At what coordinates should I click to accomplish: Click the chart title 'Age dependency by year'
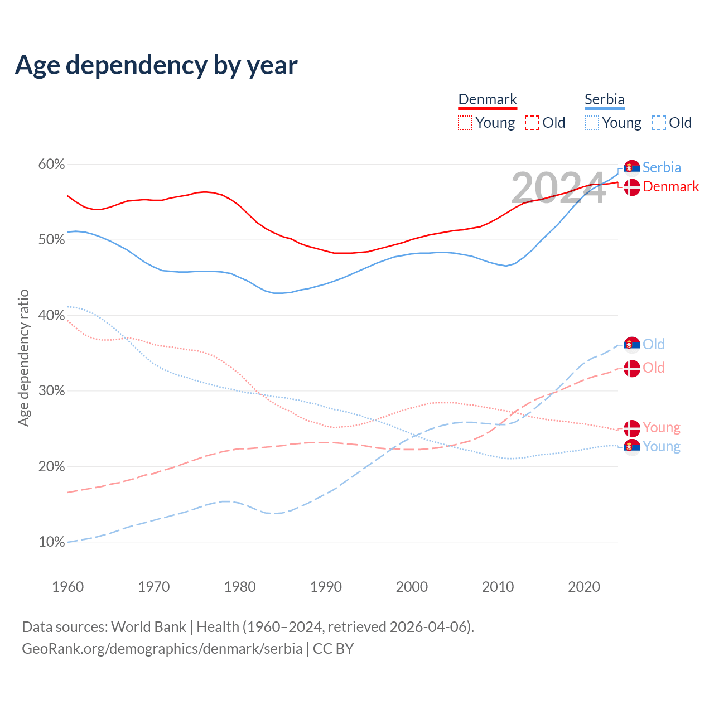[156, 65]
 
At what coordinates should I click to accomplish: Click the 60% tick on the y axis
[51, 165]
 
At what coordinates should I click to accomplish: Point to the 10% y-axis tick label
[51, 542]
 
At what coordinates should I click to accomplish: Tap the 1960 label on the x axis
[67, 587]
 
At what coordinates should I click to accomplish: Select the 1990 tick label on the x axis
[326, 587]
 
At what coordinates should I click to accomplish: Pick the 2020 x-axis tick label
[584, 587]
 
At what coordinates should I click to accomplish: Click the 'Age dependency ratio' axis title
[23, 358]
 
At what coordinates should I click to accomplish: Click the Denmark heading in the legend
[488, 99]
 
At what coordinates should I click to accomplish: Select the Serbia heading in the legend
[604, 99]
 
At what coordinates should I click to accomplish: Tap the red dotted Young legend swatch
[465, 123]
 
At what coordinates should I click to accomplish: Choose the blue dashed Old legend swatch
[658, 123]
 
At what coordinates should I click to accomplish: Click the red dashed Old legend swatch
[532, 123]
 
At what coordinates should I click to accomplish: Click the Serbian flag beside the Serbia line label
[631, 167]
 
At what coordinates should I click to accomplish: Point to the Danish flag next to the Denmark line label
[631, 187]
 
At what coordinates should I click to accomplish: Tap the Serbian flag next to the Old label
[631, 345]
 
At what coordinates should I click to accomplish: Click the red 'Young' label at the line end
[662, 428]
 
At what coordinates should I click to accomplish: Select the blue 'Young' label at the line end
[662, 447]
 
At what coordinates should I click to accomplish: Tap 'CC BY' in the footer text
[333, 649]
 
